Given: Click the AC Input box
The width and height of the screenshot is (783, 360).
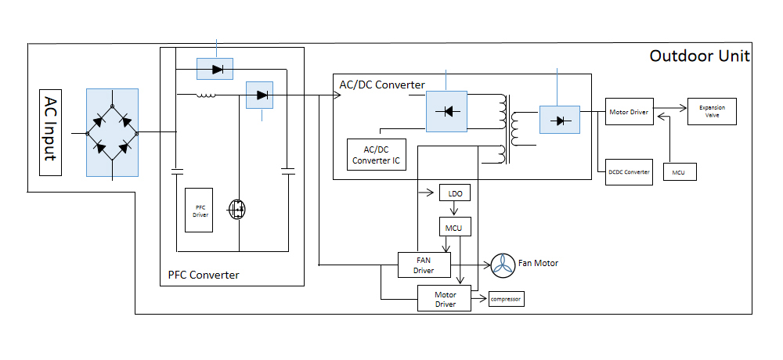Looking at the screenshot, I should (49, 129).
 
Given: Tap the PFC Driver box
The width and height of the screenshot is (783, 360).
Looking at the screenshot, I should (198, 211).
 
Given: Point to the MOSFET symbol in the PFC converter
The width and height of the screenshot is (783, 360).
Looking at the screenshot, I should (237, 209).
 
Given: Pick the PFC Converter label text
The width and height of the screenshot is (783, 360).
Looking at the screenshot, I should (204, 275).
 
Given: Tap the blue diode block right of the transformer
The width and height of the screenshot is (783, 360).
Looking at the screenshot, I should (559, 120).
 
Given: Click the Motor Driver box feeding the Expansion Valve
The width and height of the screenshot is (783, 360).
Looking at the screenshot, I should (629, 112).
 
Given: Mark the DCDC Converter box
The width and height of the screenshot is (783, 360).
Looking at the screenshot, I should (629, 171).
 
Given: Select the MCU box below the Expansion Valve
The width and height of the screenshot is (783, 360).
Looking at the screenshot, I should (678, 171).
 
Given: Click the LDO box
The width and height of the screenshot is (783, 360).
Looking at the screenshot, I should (455, 193).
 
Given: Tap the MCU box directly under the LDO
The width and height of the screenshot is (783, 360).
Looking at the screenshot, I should (454, 228).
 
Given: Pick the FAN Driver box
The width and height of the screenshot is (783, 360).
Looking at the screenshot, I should (424, 265).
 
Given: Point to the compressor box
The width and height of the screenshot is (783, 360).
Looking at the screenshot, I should (506, 298).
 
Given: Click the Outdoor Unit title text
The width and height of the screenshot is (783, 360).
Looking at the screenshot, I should (700, 56).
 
